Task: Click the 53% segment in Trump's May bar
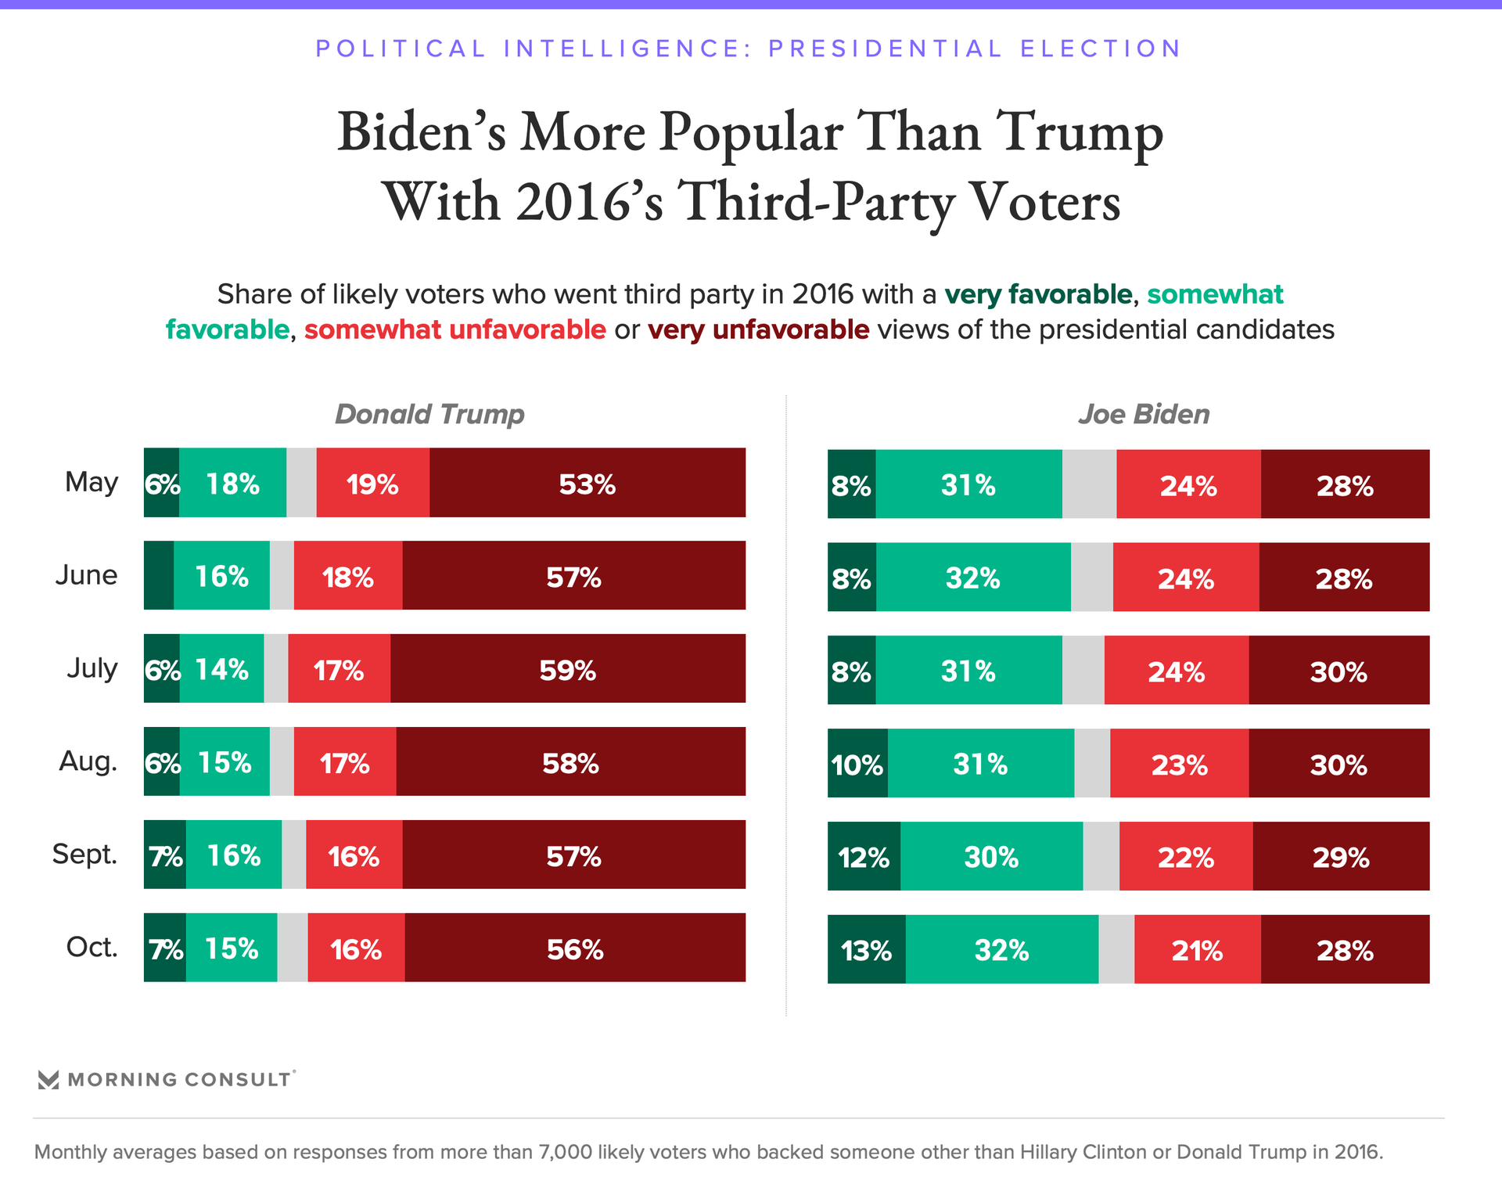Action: coord(587,483)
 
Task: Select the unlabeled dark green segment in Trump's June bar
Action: coord(159,575)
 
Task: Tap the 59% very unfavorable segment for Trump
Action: coord(567,668)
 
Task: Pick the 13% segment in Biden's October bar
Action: coord(866,949)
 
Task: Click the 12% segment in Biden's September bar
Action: coord(864,856)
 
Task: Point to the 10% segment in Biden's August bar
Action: coord(857,763)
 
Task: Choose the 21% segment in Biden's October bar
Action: coord(1197,949)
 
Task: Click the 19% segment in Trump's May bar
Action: coord(372,483)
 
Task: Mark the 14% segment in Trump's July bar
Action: coord(221,668)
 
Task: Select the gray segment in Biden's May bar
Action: coord(1089,484)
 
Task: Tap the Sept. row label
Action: coord(84,854)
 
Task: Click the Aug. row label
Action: coord(88,761)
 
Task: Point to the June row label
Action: coord(86,575)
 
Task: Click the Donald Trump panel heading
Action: coord(429,414)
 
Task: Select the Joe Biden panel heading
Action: coord(1144,414)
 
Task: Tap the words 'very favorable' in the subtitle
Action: coord(1038,294)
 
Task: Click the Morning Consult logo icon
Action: coord(49,1080)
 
